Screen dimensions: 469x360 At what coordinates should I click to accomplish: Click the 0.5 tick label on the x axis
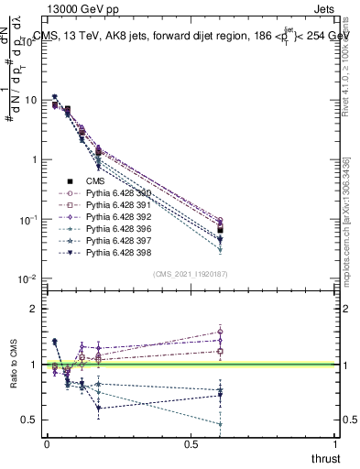pos(191,444)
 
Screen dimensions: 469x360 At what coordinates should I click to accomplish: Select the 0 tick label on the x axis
pos(48,444)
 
